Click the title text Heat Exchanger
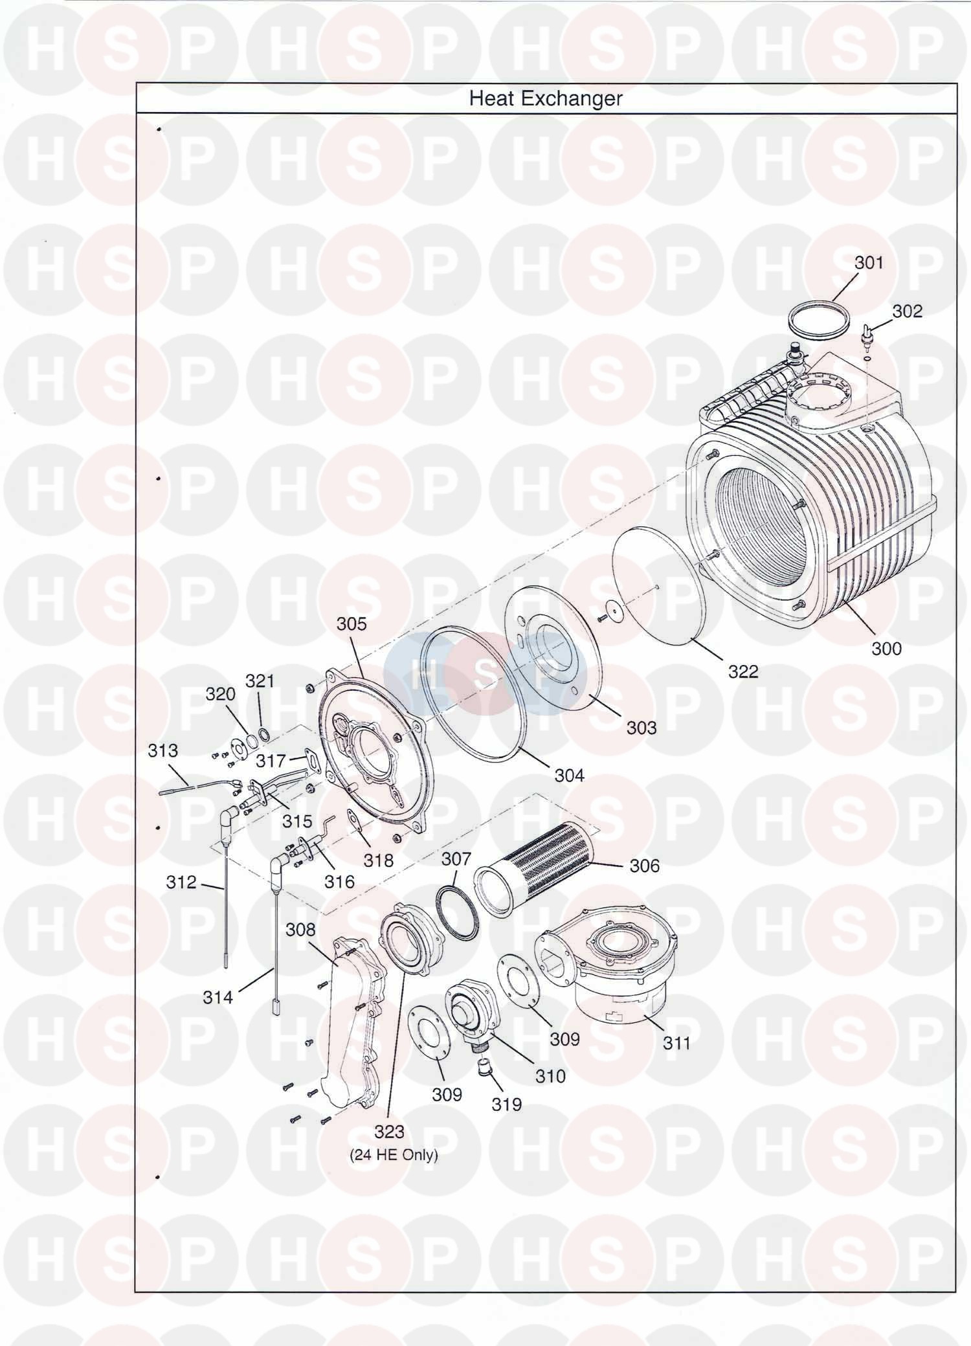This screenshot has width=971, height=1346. click(x=545, y=98)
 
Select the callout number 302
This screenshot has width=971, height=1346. click(x=907, y=311)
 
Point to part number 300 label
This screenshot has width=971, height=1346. click(x=886, y=648)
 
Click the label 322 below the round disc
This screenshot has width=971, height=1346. click(x=742, y=671)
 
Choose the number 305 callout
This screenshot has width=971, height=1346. click(x=352, y=623)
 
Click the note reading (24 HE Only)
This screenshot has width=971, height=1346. click(x=394, y=1154)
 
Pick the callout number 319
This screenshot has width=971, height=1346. click(x=506, y=1104)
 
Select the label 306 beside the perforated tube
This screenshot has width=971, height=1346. click(x=644, y=866)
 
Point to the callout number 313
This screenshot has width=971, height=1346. click(x=162, y=750)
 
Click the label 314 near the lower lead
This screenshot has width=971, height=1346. click(x=218, y=998)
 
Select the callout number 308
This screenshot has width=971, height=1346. click(x=300, y=930)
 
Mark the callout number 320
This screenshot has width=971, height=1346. click(x=220, y=694)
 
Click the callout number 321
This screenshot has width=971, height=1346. click(x=260, y=680)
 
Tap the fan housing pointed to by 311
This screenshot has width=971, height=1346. click(x=607, y=977)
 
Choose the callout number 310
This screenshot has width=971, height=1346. click(x=550, y=1076)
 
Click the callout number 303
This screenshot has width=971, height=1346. click(x=641, y=727)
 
